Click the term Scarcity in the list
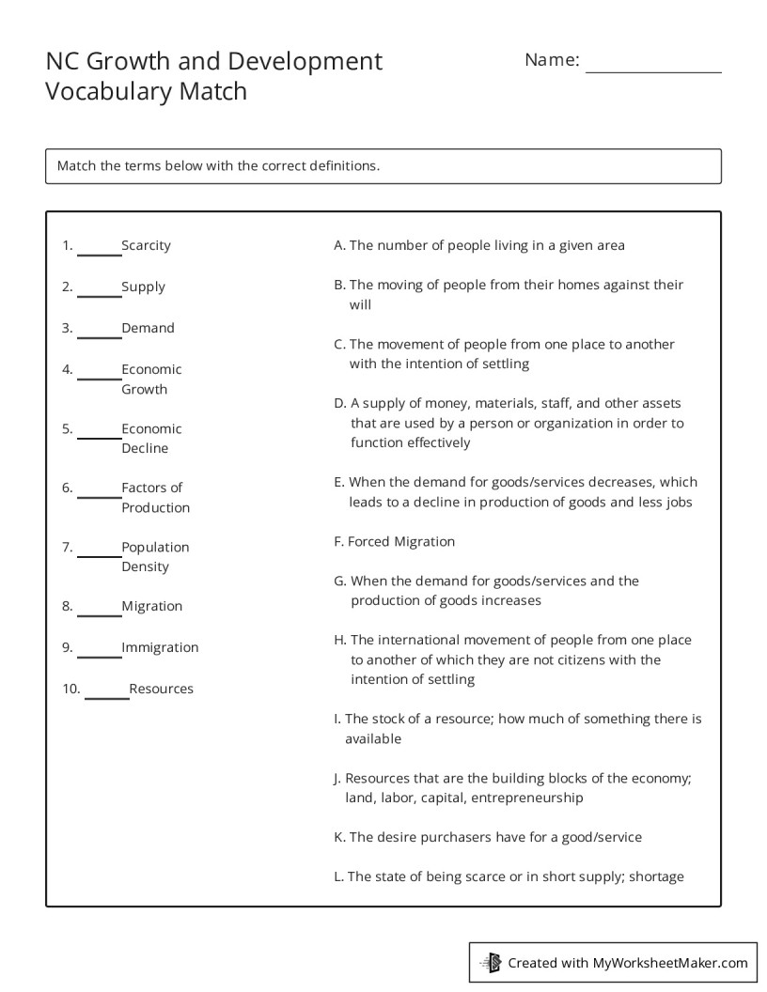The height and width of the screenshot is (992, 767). (146, 245)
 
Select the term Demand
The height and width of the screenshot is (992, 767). (148, 328)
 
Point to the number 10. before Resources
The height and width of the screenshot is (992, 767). (71, 689)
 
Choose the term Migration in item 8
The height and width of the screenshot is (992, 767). (151, 606)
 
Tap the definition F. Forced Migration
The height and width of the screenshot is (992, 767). (394, 541)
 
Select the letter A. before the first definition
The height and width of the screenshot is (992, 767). (339, 245)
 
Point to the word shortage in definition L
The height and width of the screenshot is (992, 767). (656, 876)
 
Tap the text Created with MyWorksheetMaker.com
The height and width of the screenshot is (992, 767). (627, 962)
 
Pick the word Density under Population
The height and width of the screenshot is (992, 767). (145, 566)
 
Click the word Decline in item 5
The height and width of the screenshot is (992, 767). (145, 448)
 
